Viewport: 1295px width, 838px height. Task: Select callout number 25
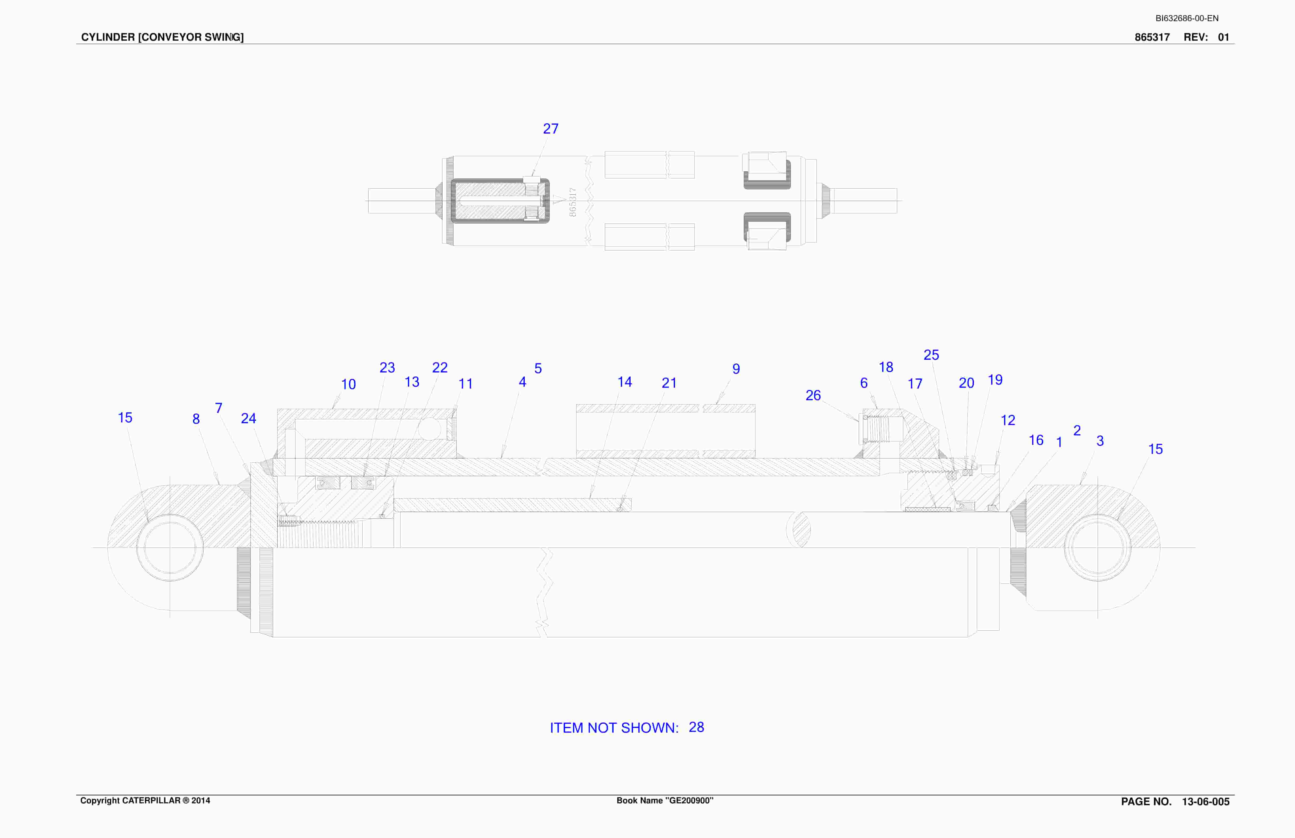coord(931,355)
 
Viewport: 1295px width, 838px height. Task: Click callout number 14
coord(625,382)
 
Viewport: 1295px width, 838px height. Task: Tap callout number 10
coord(348,384)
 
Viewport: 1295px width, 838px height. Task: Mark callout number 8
coord(196,419)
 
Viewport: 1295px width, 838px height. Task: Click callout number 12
coord(1008,420)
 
